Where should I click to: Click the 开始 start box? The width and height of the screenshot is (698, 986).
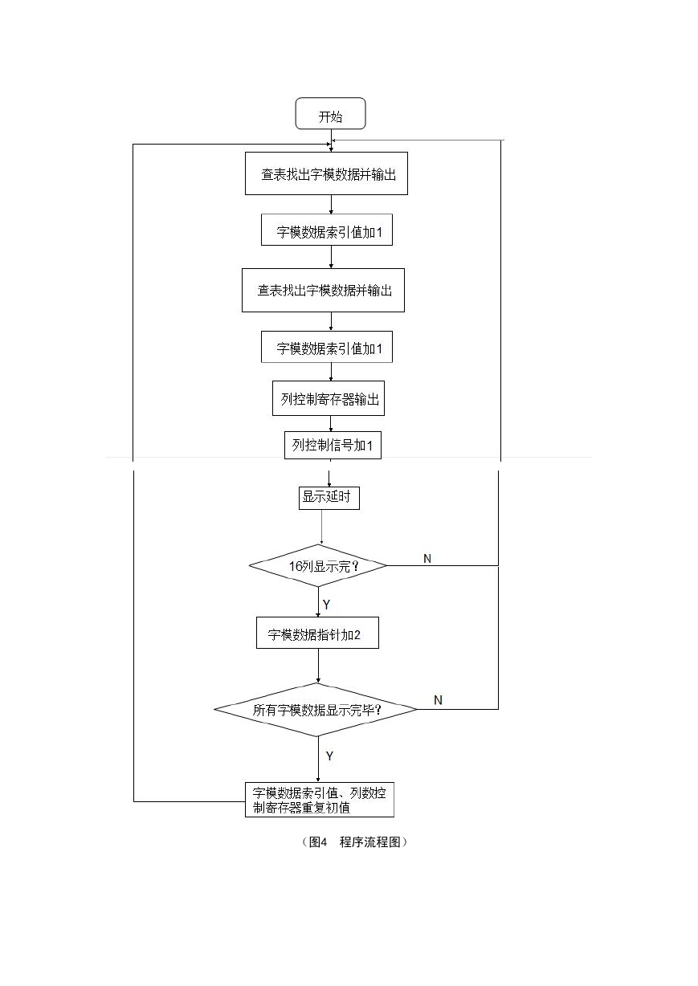pyautogui.click(x=330, y=113)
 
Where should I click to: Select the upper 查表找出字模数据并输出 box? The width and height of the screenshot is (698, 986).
pyautogui.click(x=326, y=173)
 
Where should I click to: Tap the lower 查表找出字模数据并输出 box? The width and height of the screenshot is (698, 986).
pyautogui.click(x=323, y=290)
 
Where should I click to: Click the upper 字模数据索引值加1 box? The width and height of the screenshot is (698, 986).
pyautogui.click(x=327, y=230)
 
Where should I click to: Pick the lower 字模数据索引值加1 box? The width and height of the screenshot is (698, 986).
pyautogui.click(x=327, y=347)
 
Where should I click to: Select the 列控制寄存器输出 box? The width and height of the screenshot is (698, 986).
pyautogui.click(x=329, y=398)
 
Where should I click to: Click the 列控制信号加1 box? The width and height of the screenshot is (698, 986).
pyautogui.click(x=333, y=445)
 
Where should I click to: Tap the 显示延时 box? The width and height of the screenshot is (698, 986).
pyautogui.click(x=329, y=498)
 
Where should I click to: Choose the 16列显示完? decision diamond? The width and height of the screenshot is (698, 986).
pyautogui.click(x=318, y=565)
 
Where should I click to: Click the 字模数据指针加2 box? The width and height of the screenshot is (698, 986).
pyautogui.click(x=317, y=633)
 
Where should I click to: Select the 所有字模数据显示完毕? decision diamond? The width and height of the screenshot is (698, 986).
pyautogui.click(x=316, y=709)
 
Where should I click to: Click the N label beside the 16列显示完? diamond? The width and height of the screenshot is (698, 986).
pyautogui.click(x=427, y=559)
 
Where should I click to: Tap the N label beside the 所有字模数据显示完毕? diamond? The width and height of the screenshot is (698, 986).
pyautogui.click(x=438, y=700)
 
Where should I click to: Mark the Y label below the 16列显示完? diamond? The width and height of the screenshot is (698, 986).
pyautogui.click(x=326, y=605)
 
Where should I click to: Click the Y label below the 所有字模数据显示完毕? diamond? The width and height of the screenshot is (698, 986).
pyautogui.click(x=329, y=756)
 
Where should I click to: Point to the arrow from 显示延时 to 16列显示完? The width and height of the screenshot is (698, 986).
pyautogui.click(x=322, y=527)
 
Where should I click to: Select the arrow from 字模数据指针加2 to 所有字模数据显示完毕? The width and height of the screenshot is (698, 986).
pyautogui.click(x=318, y=666)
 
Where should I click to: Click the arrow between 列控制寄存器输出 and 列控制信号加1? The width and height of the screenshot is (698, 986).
pyautogui.click(x=331, y=423)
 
